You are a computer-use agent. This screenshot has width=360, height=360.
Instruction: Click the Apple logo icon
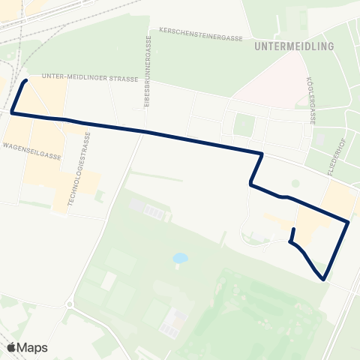coord(11,347)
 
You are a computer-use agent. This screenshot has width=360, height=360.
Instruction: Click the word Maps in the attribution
coord(32,347)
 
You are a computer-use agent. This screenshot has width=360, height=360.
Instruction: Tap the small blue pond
coord(180,259)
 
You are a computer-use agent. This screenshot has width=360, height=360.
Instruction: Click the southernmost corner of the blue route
coord(323,280)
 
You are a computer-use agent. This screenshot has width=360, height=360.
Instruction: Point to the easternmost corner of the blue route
coord(349,221)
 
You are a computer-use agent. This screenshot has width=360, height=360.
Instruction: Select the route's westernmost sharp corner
coord(12,113)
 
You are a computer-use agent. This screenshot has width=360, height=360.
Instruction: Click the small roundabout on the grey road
coord(70,304)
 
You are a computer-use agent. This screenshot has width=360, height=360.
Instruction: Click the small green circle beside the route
coord(295,183)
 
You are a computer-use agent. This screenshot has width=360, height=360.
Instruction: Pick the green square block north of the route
coord(244,124)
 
